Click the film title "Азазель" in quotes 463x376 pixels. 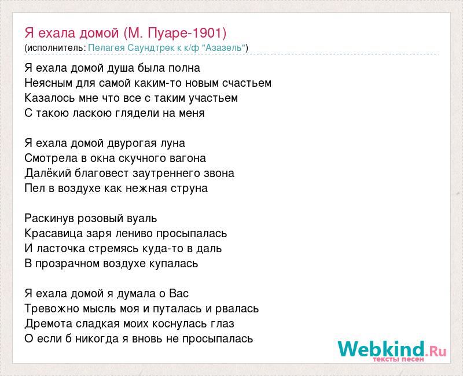coord(224,48)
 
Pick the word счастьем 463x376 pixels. coord(247,83)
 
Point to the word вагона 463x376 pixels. coord(188,158)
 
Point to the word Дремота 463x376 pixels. coord(49,324)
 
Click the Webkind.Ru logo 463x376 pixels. coord(392,351)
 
